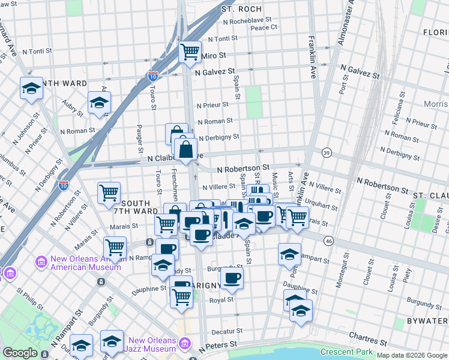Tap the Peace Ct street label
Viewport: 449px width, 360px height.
point(264,28)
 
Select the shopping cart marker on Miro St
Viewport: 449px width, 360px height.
point(190,52)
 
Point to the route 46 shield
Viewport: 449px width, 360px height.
point(328,241)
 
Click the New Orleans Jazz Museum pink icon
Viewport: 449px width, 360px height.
point(185,344)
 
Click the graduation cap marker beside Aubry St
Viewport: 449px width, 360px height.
point(100,103)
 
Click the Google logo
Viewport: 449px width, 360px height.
point(20,353)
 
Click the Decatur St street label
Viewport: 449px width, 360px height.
point(227,331)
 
